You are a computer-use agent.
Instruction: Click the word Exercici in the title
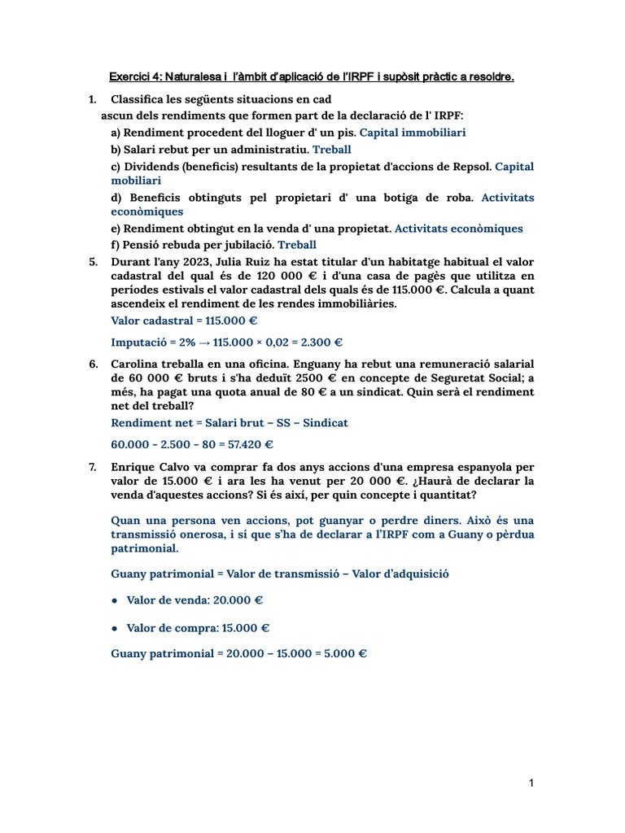point(131,77)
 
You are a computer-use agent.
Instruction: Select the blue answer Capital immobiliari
point(413,133)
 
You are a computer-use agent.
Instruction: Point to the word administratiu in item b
point(268,150)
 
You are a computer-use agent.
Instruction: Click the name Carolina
point(138,364)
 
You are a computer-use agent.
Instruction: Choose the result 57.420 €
point(246,444)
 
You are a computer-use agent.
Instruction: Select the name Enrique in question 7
point(133,467)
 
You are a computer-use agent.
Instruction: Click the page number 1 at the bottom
point(531,783)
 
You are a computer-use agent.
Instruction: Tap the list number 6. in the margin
point(94,364)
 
